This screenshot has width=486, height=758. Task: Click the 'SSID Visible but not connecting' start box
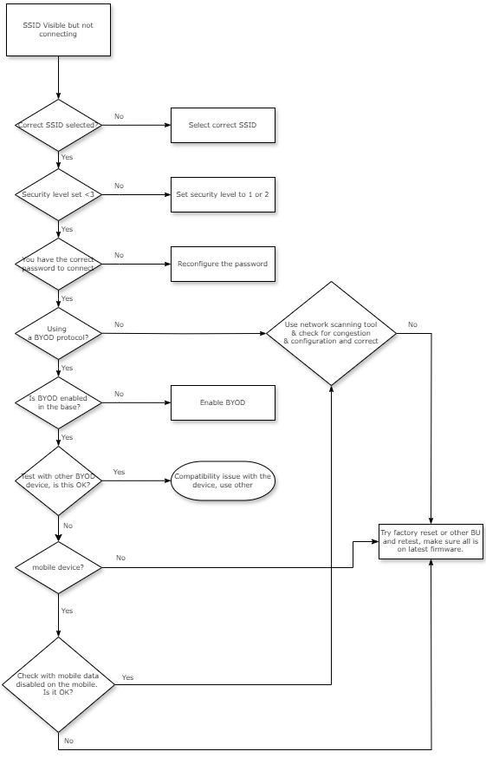pos(58,29)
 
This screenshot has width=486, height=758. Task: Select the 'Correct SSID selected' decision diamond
pos(58,125)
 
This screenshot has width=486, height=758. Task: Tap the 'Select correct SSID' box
pos(223,125)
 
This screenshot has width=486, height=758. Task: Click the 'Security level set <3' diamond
pos(58,194)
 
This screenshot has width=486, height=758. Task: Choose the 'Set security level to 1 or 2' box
pos(223,194)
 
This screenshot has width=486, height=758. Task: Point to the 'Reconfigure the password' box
pos(223,264)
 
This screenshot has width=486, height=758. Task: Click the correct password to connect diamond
pos(58,264)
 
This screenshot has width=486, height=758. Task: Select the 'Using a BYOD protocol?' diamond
pos(58,333)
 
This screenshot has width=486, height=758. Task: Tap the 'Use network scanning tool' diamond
pos(331,333)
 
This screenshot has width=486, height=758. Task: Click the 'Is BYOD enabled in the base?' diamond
pos(58,402)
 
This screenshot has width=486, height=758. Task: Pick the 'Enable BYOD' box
pos(223,402)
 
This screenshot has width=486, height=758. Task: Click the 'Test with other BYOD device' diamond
pos(58,480)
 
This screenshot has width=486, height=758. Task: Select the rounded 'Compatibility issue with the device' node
pos(223,480)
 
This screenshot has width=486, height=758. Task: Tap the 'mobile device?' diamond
pos(58,567)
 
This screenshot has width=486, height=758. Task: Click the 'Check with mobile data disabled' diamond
pos(58,685)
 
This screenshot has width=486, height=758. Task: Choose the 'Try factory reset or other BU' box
pos(431,540)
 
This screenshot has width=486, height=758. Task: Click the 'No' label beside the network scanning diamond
pos(412,324)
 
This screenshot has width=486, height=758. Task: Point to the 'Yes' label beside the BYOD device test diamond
pos(119,472)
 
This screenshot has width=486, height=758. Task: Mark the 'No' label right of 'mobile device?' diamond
pos(120,558)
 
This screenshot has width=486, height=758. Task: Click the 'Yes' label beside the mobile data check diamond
pos(127,676)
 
